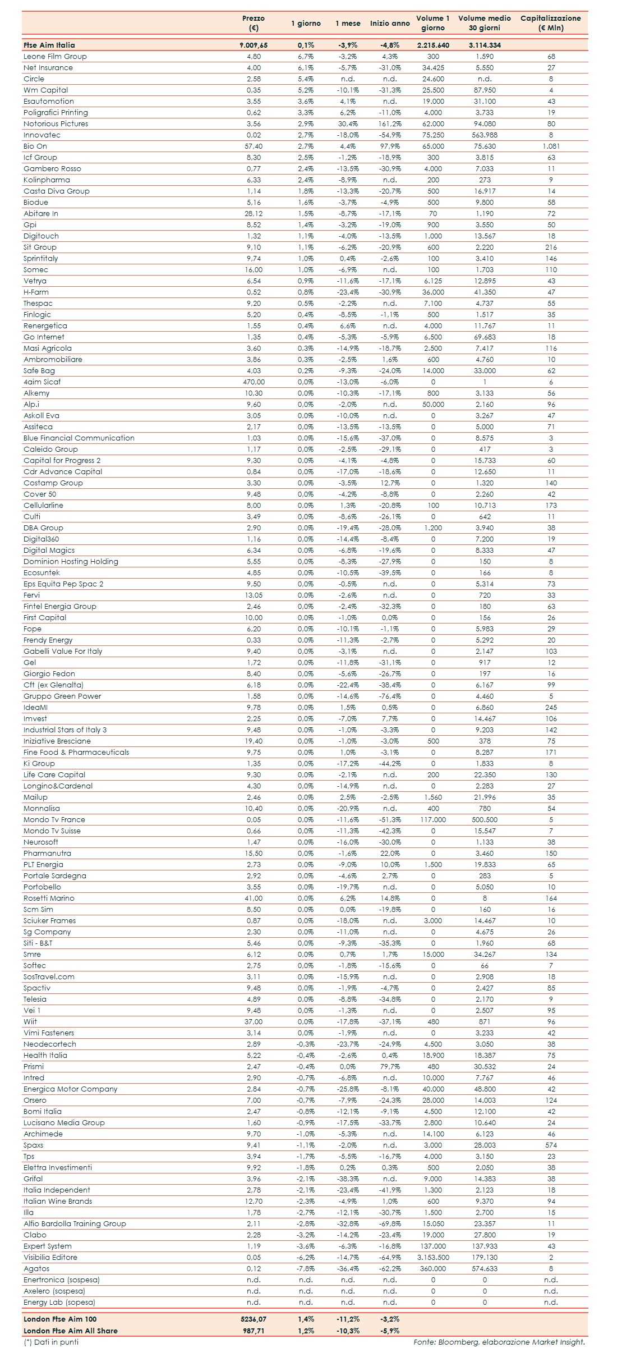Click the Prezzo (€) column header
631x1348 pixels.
point(254,23)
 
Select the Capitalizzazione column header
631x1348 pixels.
point(550,23)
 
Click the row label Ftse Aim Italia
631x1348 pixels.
point(49,45)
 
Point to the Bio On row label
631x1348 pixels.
point(35,146)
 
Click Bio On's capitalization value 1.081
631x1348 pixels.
point(551,146)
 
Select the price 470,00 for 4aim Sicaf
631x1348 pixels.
point(254,382)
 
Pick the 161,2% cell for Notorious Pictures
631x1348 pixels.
point(390,123)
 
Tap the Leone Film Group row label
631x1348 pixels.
point(55,56)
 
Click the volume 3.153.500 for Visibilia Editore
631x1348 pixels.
point(433,1257)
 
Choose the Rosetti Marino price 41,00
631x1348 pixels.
point(254,898)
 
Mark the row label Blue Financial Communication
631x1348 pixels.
point(79,438)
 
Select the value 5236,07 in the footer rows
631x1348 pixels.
point(254,1319)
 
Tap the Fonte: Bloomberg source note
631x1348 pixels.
point(499,1342)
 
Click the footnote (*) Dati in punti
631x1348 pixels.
point(51,1342)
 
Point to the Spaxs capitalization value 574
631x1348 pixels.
point(551,1145)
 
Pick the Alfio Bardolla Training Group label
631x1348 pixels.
point(75,1223)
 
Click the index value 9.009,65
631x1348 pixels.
point(254,45)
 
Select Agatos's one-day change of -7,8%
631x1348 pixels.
point(306,1268)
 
